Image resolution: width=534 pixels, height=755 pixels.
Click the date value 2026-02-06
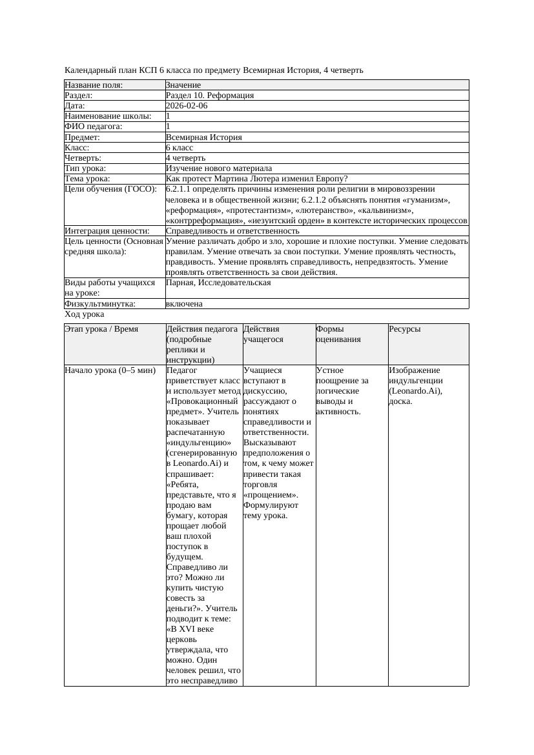pos(187,106)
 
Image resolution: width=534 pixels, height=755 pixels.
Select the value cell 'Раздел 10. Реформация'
pos(210,96)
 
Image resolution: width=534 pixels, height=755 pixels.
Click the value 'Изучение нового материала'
pos(219,168)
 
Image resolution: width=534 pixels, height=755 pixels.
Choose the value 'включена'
pos(184,303)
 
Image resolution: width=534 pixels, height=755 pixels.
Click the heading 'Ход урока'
pos(85,314)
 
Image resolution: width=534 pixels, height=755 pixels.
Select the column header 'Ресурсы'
pos(405,329)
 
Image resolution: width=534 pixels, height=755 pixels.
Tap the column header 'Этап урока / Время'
pos(101,329)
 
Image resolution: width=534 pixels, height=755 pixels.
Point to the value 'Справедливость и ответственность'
pos(232,230)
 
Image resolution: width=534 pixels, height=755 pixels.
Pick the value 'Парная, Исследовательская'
pos(218,283)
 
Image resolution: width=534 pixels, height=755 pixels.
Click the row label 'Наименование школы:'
pos(108,116)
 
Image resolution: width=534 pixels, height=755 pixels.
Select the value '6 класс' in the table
pos(180,148)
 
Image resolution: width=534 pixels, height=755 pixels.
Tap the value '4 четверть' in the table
pos(185,158)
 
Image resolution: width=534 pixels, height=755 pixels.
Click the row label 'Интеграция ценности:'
pos(107,230)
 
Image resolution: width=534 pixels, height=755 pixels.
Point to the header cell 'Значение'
pos(183,85)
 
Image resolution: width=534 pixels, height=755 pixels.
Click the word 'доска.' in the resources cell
pos(400,401)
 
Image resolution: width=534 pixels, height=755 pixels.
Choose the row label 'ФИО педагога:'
pos(94,126)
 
